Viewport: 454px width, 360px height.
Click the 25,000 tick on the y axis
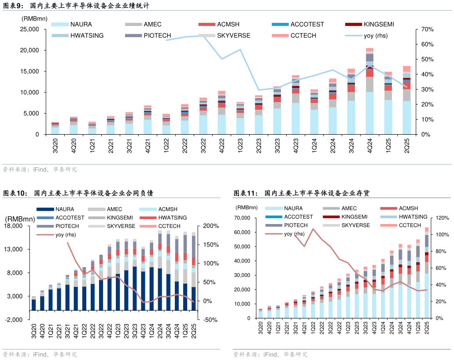(x=30, y=29)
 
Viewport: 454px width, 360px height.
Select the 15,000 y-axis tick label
(x=30, y=71)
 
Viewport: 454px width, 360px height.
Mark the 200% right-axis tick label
(x=210, y=226)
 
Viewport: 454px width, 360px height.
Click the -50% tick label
(x=210, y=320)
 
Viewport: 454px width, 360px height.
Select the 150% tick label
(x=210, y=245)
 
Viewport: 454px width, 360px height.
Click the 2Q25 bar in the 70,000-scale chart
(x=427, y=273)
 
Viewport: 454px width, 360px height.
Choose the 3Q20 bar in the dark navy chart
(x=34, y=304)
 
